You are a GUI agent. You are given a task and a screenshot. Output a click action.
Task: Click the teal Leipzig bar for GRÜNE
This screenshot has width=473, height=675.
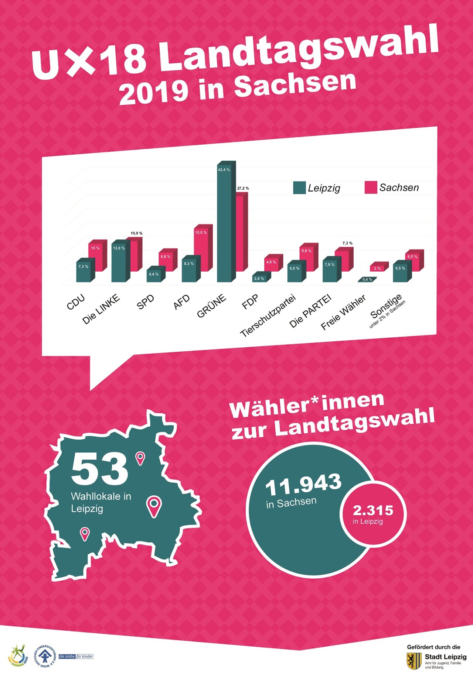(x=224, y=225)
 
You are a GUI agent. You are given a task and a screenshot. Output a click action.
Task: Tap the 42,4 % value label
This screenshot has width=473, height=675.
(x=224, y=170)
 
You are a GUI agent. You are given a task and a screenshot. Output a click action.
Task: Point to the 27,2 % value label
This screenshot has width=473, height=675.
(x=243, y=188)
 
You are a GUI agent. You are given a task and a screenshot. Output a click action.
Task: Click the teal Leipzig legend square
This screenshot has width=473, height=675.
(x=299, y=187)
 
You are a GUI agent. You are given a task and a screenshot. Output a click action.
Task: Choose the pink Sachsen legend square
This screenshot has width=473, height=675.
(x=371, y=187)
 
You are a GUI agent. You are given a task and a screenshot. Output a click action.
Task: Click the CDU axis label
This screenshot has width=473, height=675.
(x=76, y=302)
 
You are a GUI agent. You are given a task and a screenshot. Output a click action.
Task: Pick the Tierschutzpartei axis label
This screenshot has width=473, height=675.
(x=268, y=316)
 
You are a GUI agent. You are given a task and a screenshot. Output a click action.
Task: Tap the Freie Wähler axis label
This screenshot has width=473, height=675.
(x=343, y=312)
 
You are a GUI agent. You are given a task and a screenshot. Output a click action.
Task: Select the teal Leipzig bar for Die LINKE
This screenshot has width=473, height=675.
(x=119, y=262)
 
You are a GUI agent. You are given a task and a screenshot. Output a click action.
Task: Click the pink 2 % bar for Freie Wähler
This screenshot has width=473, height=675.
(x=378, y=268)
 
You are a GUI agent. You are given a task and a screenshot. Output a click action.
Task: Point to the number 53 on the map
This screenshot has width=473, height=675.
(x=99, y=469)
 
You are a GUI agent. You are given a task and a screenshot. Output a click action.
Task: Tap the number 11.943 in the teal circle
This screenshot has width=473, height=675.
(x=303, y=485)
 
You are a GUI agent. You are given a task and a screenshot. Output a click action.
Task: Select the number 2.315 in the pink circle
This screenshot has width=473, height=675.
(x=373, y=510)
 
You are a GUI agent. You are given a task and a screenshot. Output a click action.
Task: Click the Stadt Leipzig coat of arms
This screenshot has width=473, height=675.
(x=414, y=661)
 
